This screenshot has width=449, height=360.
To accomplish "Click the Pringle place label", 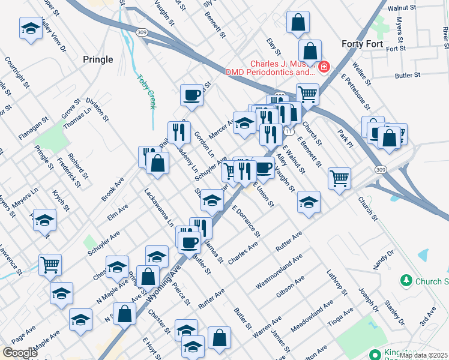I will tap(97, 59).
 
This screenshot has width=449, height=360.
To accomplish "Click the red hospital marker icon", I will tap(324, 67).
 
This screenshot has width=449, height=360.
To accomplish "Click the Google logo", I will tap(20, 353).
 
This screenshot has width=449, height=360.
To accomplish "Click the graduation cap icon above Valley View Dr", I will tap(31, 28).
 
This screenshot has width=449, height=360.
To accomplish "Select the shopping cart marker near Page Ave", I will tap(50, 263).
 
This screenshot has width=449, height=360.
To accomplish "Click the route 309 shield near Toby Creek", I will tap(142, 32).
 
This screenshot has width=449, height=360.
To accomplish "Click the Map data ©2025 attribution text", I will tap(422, 355).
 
